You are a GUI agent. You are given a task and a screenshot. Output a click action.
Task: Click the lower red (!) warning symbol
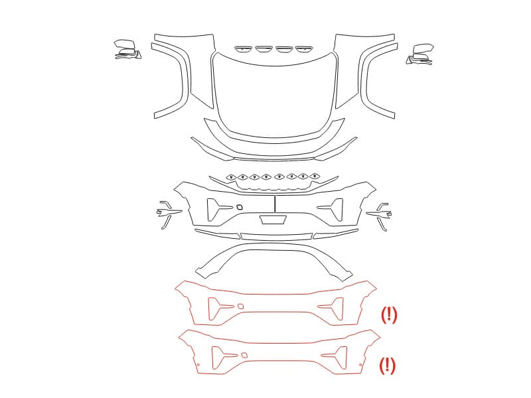387,366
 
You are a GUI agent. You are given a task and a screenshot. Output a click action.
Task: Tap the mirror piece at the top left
127,50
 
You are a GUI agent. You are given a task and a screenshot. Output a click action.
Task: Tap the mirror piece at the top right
420,54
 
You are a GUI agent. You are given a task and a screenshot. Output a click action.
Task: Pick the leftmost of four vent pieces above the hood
244,49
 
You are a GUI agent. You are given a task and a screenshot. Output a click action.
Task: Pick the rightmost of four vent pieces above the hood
304,49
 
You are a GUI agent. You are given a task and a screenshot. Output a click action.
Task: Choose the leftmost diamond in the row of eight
232,177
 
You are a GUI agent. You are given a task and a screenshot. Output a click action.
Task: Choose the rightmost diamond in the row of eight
315,176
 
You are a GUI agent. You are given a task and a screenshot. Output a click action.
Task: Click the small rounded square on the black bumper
240,207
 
